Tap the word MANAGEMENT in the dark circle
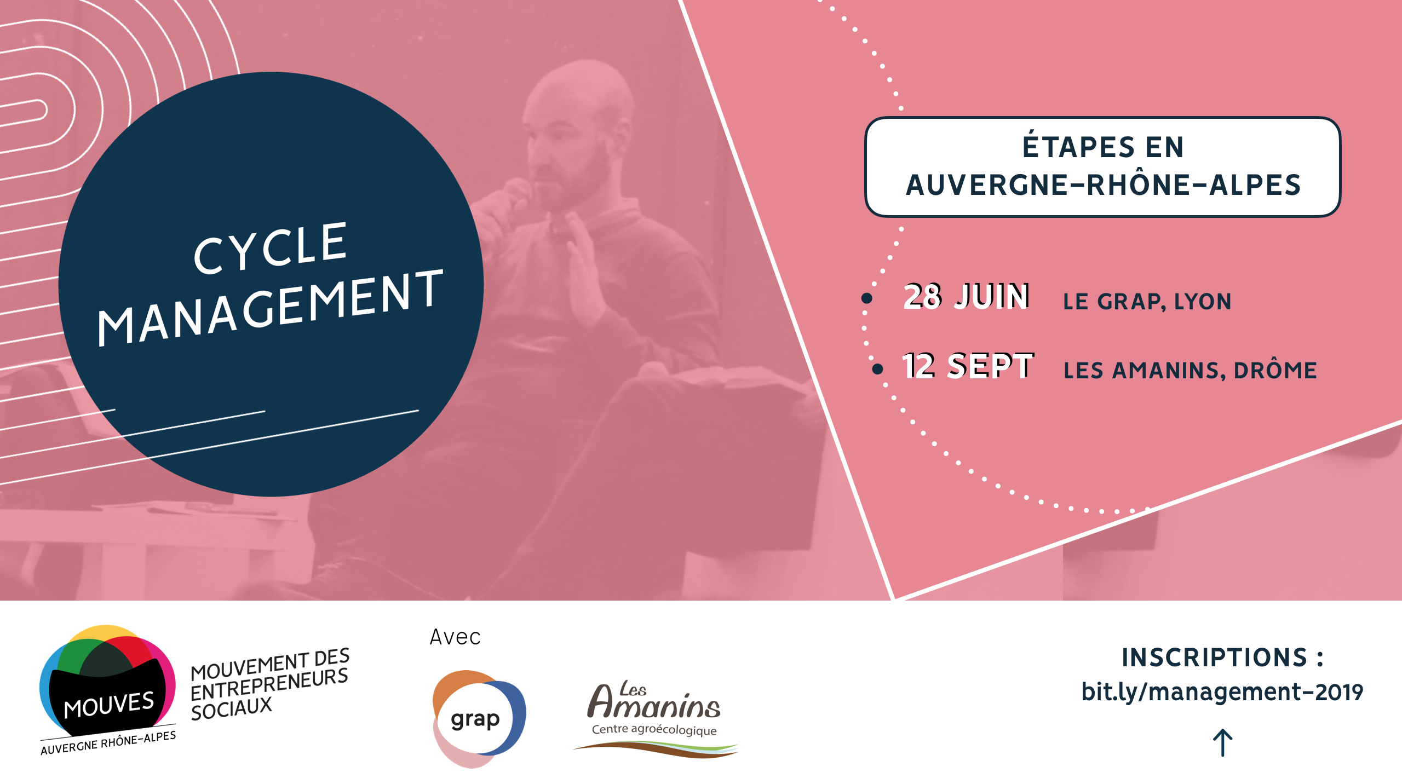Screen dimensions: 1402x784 pyautogui.click(x=271, y=308)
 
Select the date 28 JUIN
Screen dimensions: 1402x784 pyautogui.click(x=967, y=296)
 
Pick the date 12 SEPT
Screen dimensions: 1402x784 pyautogui.click(x=968, y=366)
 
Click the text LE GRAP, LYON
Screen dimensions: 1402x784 pyautogui.click(x=1147, y=302)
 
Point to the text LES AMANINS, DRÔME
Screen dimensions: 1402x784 pyautogui.click(x=1190, y=371)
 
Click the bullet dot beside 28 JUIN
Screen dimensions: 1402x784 pyautogui.click(x=866, y=298)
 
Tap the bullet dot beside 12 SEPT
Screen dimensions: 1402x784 pyautogui.click(x=877, y=369)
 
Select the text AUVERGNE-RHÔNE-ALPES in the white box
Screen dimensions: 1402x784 pyautogui.click(x=1104, y=185)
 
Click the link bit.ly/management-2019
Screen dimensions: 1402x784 pyautogui.click(x=1222, y=692)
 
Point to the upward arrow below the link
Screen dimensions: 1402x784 pyautogui.click(x=1222, y=743)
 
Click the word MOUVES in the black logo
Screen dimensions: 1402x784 pyautogui.click(x=109, y=705)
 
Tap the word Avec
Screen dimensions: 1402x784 pyautogui.click(x=455, y=637)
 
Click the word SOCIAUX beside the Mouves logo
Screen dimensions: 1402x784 pyautogui.click(x=232, y=709)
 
